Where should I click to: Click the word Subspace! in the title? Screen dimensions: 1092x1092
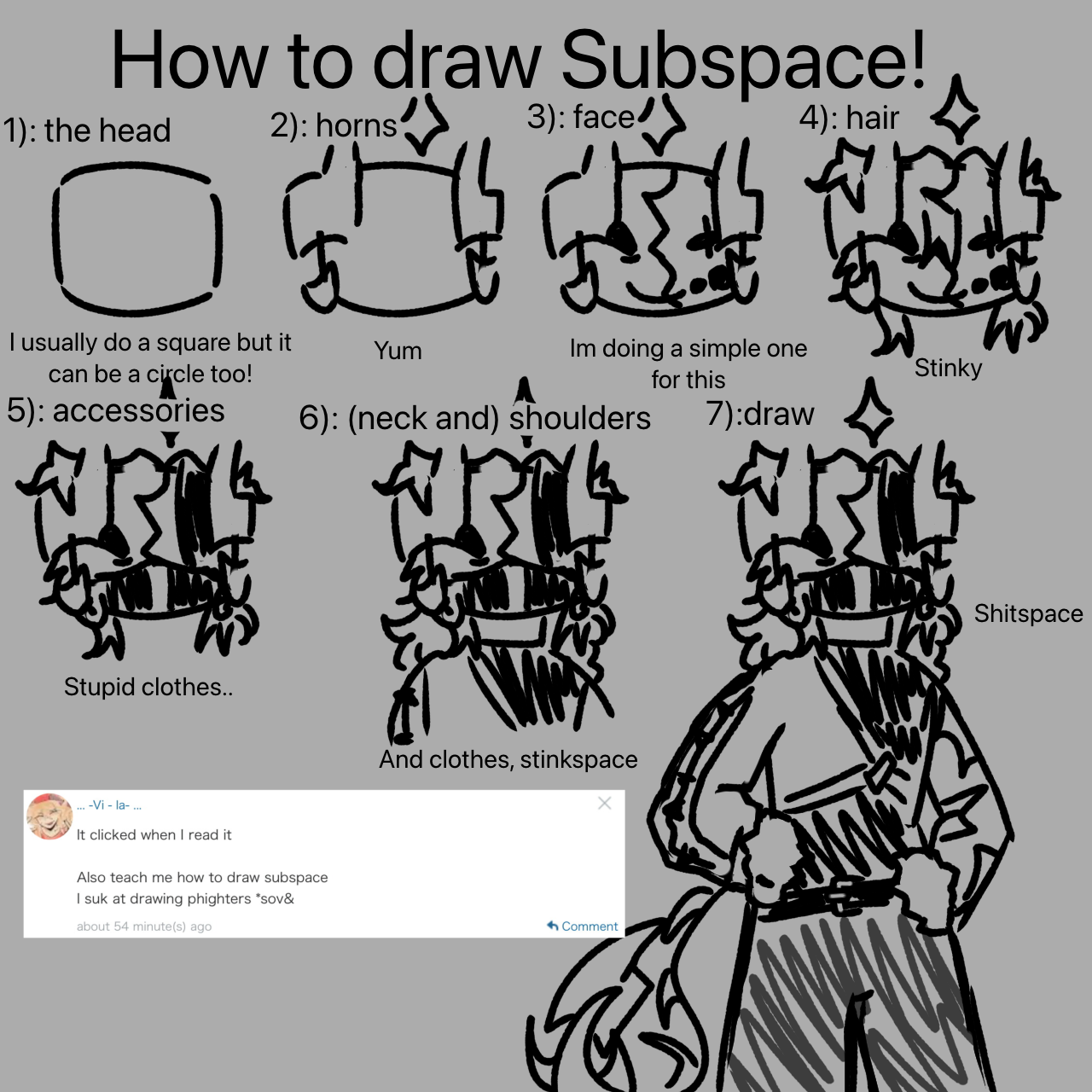(x=743, y=61)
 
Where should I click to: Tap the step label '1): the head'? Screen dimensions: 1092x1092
(x=87, y=131)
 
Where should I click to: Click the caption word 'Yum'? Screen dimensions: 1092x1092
(x=398, y=351)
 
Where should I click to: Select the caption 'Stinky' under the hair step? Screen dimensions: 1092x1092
(x=948, y=369)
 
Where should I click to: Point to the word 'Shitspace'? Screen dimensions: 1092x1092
(x=1029, y=613)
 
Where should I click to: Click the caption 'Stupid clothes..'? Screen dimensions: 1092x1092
(x=148, y=687)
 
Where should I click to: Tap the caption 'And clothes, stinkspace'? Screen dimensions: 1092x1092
(x=508, y=760)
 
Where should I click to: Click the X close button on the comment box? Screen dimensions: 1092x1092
(x=605, y=803)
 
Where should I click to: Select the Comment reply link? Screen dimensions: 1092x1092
(x=583, y=926)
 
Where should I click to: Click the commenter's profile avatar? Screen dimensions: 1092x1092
(x=49, y=816)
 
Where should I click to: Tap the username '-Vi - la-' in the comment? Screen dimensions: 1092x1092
(x=109, y=805)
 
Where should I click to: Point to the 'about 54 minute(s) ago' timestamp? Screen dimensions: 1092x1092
(x=144, y=926)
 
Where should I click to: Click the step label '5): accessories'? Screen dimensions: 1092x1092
(x=116, y=410)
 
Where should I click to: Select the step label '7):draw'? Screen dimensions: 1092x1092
(x=760, y=414)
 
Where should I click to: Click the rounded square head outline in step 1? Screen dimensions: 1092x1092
(x=55, y=238)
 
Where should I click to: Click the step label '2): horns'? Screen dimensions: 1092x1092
(x=334, y=125)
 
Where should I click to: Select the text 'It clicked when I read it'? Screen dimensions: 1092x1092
(x=154, y=835)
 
